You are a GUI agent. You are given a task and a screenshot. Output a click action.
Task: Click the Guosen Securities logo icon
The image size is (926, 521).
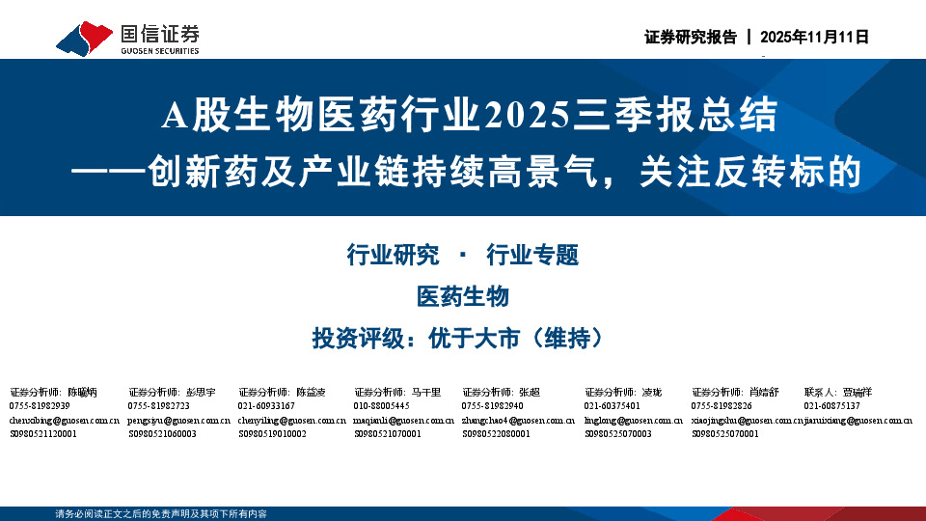tap(83, 37)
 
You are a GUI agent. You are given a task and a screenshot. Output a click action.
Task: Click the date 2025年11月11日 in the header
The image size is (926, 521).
tap(815, 38)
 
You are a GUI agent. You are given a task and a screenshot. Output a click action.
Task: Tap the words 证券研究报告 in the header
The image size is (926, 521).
tap(690, 38)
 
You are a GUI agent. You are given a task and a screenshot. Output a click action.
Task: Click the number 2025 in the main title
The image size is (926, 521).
tap(526, 117)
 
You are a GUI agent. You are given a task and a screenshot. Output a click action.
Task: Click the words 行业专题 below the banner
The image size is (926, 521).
tap(532, 256)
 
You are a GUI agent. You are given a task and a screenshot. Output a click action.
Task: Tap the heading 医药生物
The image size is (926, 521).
tap(463, 297)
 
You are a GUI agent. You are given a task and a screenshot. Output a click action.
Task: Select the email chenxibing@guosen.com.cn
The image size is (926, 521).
tap(64, 421)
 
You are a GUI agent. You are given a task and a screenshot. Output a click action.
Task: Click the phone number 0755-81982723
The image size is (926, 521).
tap(159, 406)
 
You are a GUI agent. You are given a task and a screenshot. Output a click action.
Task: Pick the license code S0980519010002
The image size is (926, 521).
tap(272, 434)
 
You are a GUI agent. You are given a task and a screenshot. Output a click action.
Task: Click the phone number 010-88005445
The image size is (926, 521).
tap(381, 406)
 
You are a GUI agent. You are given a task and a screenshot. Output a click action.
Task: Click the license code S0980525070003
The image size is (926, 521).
tap(618, 434)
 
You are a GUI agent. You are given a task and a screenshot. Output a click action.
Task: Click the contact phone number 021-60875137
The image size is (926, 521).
tap(831, 406)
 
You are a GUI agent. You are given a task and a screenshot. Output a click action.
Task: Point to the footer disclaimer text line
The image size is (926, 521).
tap(161, 514)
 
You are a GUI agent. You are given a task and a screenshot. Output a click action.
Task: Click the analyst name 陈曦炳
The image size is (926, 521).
tap(82, 393)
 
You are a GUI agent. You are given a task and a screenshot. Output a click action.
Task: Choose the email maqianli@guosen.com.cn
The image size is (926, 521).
tap(401, 421)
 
